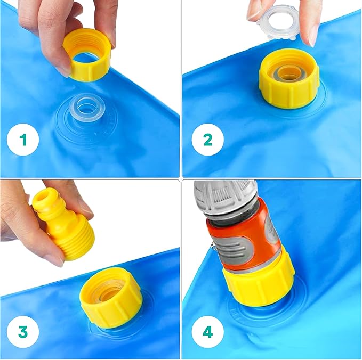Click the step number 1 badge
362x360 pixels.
23,140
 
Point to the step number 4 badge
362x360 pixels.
207,331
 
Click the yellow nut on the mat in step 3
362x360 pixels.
110,297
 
